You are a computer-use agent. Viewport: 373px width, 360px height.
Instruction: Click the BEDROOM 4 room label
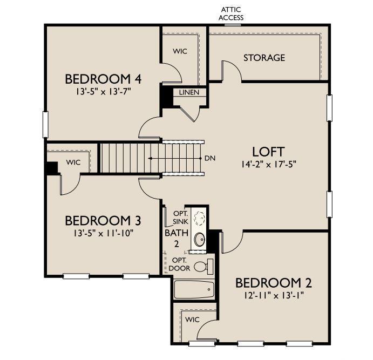coord(103,79)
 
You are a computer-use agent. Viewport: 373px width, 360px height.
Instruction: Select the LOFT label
coord(268,151)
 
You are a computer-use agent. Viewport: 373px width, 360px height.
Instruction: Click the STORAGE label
coord(263,58)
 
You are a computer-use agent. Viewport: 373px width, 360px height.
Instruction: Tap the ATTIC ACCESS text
coord(230,13)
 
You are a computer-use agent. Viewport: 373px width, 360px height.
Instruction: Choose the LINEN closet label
coord(189,92)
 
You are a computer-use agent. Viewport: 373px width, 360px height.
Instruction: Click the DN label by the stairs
coord(211,158)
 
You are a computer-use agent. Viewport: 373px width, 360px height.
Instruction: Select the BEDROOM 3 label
coord(103,221)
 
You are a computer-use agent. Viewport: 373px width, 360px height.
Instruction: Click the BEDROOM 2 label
coord(273,283)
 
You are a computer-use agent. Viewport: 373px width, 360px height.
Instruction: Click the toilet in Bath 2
coord(203,266)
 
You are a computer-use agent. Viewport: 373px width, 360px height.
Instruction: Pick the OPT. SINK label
coord(180,218)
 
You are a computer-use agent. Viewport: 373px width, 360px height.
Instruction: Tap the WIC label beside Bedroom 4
coord(180,51)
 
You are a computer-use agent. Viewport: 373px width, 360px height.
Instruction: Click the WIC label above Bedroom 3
coord(73,162)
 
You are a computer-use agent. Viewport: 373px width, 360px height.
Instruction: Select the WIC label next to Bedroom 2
coord(192,320)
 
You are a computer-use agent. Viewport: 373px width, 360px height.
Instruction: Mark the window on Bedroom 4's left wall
coord(46,120)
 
